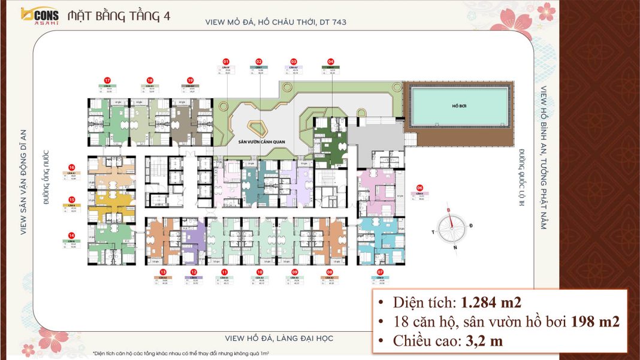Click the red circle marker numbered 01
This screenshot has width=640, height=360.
(x=226, y=62)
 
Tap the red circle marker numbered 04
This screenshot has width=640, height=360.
(x=331, y=62)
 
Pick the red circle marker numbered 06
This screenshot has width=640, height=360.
(x=420, y=187)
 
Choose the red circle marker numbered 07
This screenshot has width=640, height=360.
(x=380, y=273)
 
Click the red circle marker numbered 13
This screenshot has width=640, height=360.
(x=162, y=273)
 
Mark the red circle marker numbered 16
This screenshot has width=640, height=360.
(x=71, y=168)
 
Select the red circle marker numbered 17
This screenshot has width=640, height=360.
(x=107, y=80)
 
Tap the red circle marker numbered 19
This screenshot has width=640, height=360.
(x=190, y=80)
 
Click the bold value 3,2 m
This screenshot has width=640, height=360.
(x=481, y=341)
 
